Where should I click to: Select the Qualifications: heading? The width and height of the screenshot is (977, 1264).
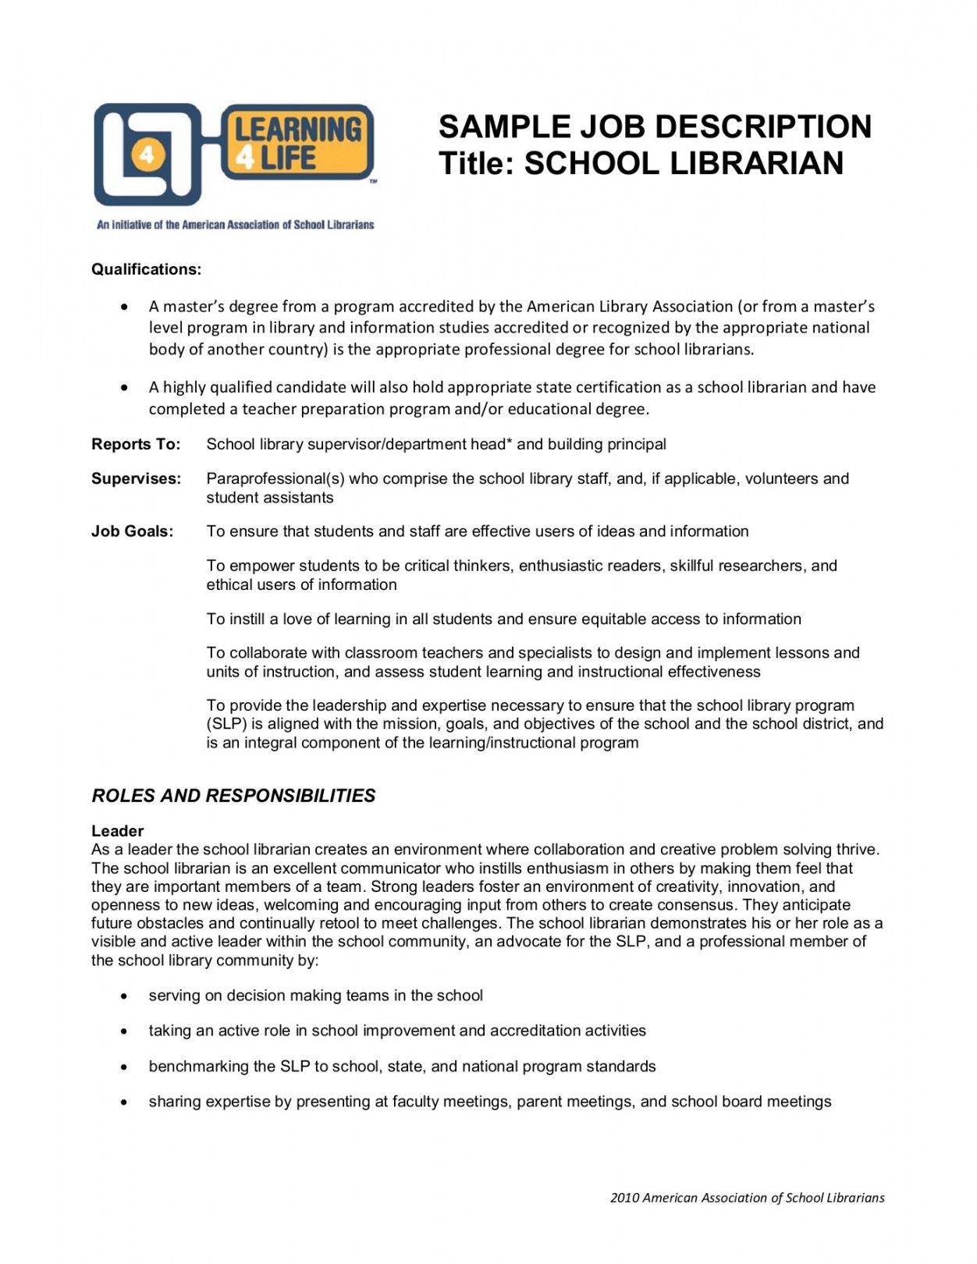[146, 269]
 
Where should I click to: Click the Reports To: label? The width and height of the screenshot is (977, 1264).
[136, 444]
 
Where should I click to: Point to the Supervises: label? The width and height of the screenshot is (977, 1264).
[136, 478]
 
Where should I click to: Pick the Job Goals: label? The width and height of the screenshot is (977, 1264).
[132, 531]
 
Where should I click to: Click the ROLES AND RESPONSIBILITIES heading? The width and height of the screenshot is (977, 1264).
[233, 796]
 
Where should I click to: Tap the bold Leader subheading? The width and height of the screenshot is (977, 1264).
[117, 831]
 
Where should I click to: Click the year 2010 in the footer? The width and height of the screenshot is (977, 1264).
[624, 1198]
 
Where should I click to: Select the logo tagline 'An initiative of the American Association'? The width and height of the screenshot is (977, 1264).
[235, 225]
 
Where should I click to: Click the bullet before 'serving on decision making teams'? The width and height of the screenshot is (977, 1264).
[124, 996]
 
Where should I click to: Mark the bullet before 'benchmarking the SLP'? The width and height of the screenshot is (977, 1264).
[124, 1067]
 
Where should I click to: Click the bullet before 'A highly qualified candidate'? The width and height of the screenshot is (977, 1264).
[124, 388]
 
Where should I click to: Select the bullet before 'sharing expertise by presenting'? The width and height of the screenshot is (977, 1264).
[124, 1102]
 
